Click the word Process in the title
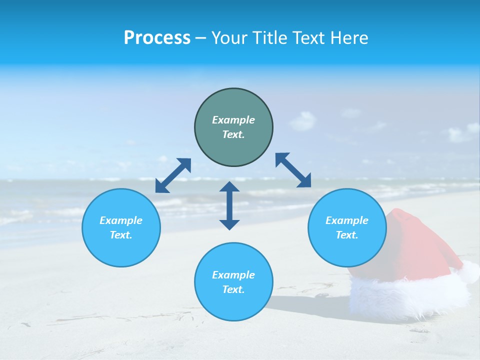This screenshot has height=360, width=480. pos(157,38)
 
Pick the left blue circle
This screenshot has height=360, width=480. pos(121,250)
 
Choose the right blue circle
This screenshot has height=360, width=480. pos(347,250)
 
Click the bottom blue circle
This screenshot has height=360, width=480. pos(233,305)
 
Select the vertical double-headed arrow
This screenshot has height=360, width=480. pos(229,205)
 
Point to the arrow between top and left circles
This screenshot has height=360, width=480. pos(173,175)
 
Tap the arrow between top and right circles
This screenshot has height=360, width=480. pos(293,170)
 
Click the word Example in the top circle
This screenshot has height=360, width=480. pos(233,120)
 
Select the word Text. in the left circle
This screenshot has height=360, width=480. pos(121,235)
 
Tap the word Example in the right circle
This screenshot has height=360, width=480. pos(347,220)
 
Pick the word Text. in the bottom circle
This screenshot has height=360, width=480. pos(233,289)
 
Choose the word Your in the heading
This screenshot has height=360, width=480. pos(229,38)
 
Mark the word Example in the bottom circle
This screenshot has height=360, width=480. pos(233,275)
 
